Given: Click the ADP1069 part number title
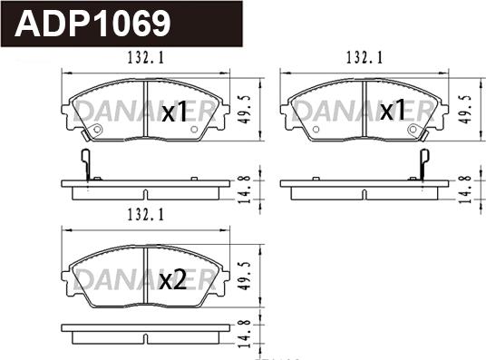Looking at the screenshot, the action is (x=92, y=24).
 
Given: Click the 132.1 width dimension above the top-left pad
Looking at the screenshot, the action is (x=146, y=58).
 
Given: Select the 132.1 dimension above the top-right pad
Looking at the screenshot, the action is (x=364, y=58).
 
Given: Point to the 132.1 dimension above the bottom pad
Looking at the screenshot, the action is (x=146, y=215).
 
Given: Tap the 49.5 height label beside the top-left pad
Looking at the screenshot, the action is (x=245, y=110).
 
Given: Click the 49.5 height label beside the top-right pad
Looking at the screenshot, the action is (x=465, y=110).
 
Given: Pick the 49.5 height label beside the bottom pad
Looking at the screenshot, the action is (x=245, y=276).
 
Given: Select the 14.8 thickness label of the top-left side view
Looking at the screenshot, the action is (x=245, y=190).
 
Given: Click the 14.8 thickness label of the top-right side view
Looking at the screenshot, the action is (x=464, y=190).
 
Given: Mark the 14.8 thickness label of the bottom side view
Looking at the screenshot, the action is (x=245, y=334).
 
